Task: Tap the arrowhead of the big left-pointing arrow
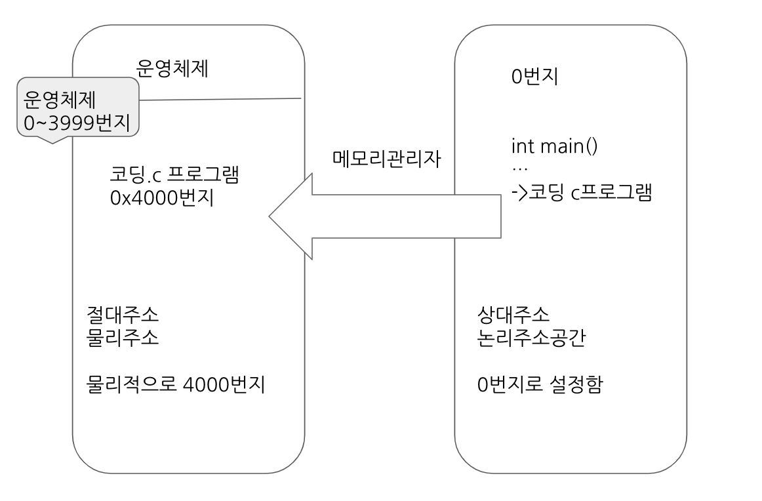pos(289,216)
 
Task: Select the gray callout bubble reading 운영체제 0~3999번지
pos(77,109)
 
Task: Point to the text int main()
pos(554,146)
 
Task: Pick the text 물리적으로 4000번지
pos(175,384)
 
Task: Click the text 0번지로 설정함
pos(540,384)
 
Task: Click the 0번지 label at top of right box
pos(534,76)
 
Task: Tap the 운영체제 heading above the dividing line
pos(172,69)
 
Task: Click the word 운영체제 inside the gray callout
pos(60,99)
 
